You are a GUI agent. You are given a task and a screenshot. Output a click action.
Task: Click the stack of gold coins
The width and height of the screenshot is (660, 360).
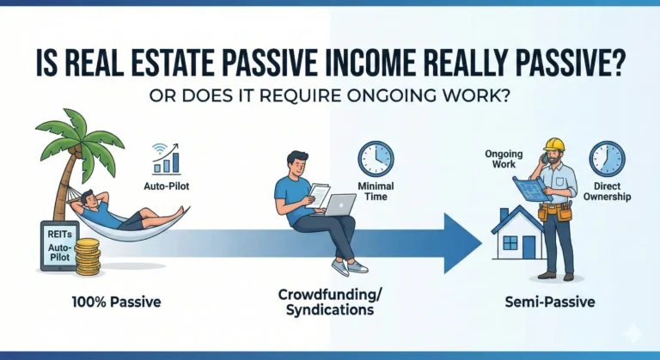coord(87,258)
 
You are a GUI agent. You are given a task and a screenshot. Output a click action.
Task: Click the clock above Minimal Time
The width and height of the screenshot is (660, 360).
coord(375,159)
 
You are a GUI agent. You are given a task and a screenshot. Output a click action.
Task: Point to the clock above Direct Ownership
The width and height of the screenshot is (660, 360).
coord(607,160)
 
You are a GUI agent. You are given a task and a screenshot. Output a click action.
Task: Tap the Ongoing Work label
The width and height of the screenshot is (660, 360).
coord(504,161)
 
